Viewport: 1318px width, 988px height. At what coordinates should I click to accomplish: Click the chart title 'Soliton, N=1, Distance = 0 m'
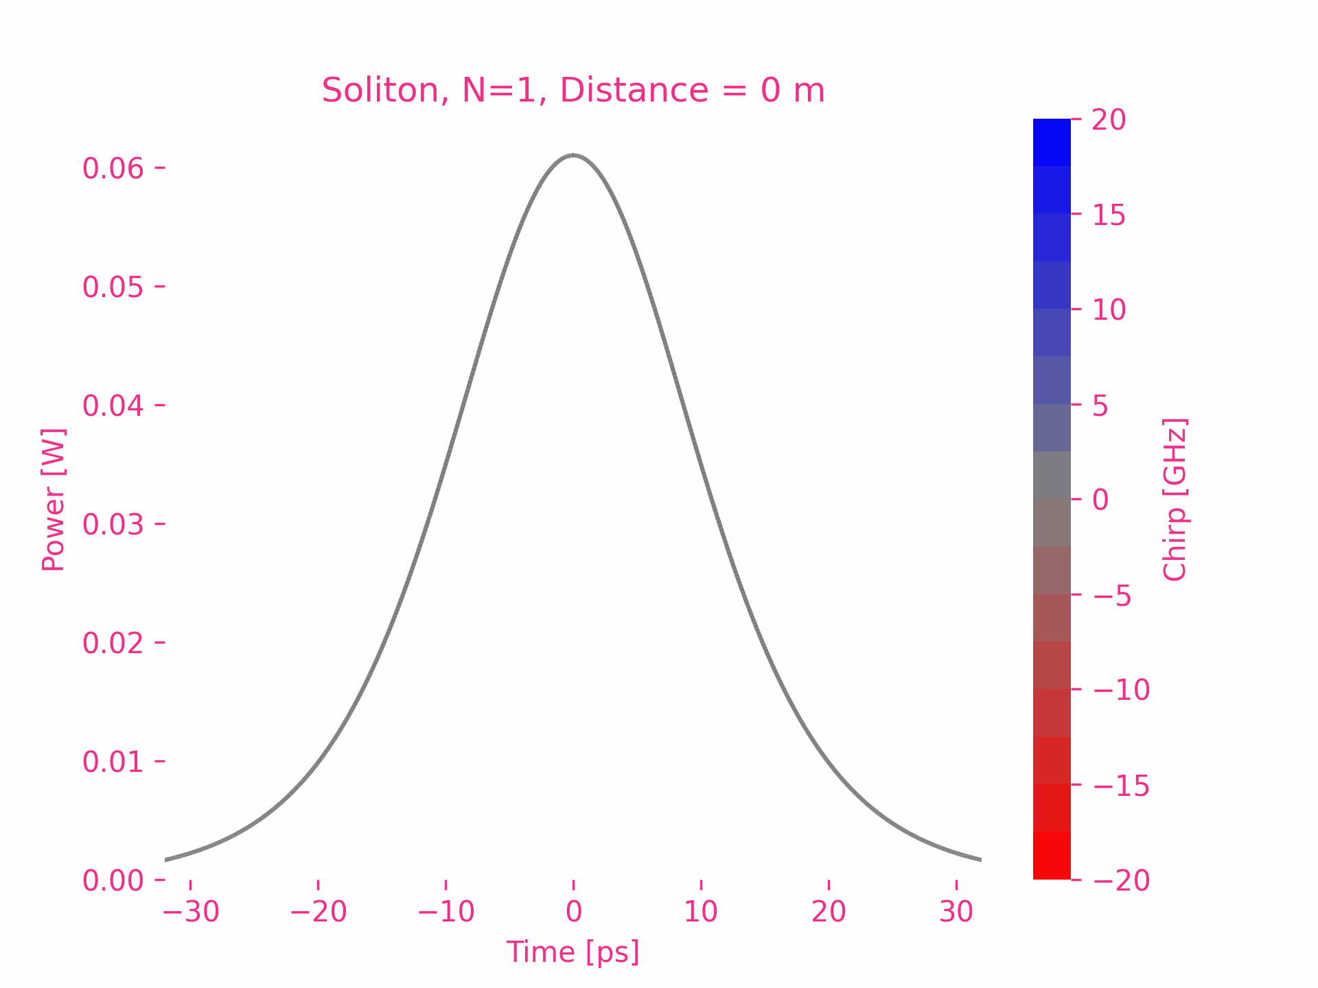tap(573, 91)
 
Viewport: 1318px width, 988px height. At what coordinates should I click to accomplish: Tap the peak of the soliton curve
tap(573, 155)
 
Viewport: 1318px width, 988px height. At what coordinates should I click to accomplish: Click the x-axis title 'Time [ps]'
tap(573, 952)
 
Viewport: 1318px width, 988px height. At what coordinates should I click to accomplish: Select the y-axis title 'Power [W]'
tap(54, 499)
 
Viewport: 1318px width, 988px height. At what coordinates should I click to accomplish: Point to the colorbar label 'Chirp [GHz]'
tap(1175, 499)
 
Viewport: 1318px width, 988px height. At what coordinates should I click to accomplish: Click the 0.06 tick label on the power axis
tap(113, 168)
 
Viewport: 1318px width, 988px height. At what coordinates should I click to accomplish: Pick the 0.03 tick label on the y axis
tap(113, 524)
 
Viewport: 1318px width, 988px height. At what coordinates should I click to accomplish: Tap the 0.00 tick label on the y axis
tap(113, 880)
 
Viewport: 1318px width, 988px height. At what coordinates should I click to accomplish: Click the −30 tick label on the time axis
tap(191, 912)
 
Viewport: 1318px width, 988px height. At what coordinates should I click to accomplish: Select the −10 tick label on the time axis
tap(446, 912)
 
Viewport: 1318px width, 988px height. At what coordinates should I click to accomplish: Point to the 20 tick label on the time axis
tap(829, 912)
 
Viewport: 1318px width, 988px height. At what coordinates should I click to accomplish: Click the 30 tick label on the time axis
tap(956, 912)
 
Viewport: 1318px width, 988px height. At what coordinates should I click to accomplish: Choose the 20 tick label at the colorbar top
tap(1109, 120)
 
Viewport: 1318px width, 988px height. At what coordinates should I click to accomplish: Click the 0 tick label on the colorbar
tap(1100, 499)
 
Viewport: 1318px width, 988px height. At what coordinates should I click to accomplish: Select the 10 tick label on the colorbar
tap(1109, 309)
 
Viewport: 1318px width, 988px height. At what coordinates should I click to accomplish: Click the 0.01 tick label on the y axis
tap(113, 762)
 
